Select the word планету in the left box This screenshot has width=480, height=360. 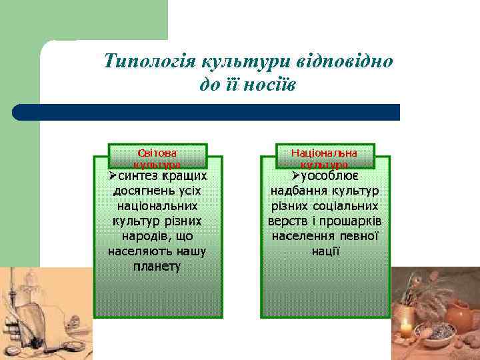click(x=157, y=267)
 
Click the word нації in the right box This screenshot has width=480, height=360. click(x=325, y=252)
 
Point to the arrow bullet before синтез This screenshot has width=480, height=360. click(x=113, y=176)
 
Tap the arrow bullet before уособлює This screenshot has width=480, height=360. click(x=296, y=176)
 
